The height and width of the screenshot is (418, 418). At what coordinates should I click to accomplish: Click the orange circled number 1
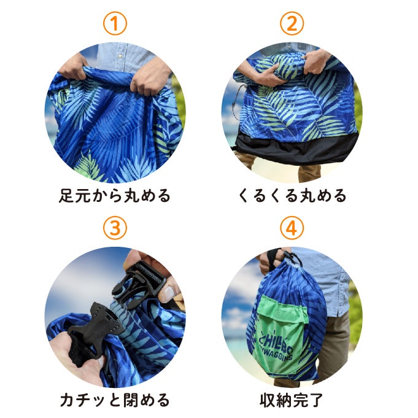115,23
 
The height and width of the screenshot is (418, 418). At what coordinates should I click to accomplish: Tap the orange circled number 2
292,23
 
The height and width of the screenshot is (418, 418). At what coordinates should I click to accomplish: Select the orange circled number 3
115,228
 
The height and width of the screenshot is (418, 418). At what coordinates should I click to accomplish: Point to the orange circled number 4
292,228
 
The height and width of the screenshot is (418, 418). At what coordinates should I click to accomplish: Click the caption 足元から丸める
115,196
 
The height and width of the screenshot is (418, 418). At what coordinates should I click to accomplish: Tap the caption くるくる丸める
292,196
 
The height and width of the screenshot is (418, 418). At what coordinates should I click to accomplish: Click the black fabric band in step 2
296,147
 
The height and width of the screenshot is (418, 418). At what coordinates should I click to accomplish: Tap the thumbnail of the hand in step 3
168,294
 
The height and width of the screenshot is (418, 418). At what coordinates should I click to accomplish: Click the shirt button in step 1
120,56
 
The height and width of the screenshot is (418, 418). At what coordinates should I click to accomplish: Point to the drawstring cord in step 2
235,103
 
